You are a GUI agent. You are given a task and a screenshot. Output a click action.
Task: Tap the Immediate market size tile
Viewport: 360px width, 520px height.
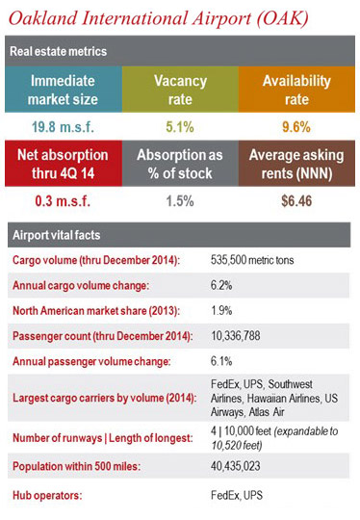(62, 90)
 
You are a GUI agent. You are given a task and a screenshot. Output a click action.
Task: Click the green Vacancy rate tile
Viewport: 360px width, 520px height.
(180, 90)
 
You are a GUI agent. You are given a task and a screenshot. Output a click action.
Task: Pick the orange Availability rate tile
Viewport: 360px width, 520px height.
(296, 90)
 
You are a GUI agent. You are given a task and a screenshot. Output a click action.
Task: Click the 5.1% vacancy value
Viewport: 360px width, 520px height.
(180, 127)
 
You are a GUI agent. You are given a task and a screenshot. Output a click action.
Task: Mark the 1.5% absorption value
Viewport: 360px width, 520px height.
(180, 202)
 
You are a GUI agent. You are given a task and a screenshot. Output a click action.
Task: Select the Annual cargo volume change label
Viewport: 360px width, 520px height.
(82, 286)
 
